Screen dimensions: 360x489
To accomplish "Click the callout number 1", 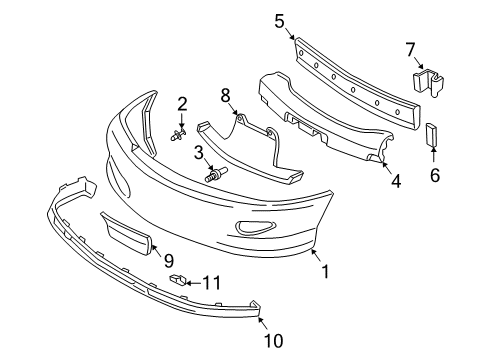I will pos(322,270).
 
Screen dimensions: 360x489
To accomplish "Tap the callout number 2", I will pos(183,103).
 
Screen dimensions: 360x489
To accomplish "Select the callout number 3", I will pos(200,152).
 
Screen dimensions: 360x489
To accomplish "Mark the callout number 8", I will pos(225,95).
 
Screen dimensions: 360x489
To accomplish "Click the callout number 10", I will pos(273,342).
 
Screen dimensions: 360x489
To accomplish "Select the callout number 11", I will pos(210,283).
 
